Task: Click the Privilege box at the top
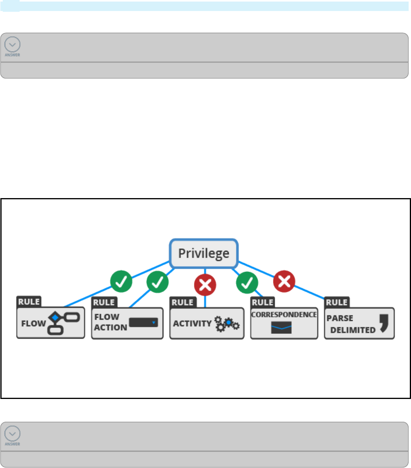pos(204,253)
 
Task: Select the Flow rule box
pos(51,322)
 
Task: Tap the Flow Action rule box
pos(127,323)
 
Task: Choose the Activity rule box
pos(206,323)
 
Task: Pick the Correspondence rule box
pos(284,323)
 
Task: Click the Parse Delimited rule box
pos(359,323)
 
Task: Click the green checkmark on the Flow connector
pos(121,281)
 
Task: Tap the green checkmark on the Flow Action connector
pos(158,282)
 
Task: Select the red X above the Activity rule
pos(205,284)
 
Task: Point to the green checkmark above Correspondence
pos(247,282)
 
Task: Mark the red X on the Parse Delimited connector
pos(284,281)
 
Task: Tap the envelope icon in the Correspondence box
pos(281,328)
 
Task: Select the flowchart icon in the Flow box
pos(63,323)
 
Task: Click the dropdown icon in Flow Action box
pos(143,322)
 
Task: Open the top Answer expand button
pos(13,46)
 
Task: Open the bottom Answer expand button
pos(13,435)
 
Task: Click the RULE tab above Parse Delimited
pos(337,302)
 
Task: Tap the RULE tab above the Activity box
pos(183,302)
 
